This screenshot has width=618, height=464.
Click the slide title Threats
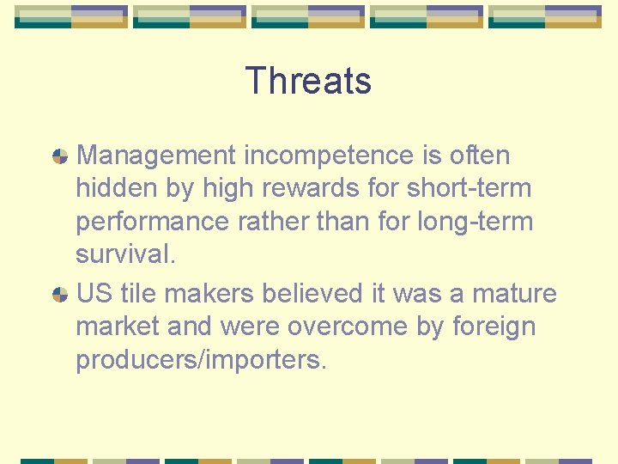coord(308,81)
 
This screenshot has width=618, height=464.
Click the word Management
coord(155,156)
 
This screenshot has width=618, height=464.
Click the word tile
coord(138,293)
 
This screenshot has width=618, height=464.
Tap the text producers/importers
coord(201,360)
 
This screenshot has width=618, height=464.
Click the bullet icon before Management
coord(60,156)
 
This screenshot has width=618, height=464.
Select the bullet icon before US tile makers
coord(60,294)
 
